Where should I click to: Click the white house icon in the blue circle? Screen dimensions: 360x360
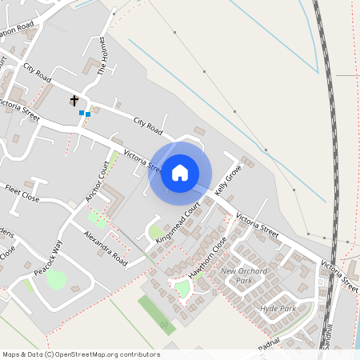click(x=180, y=172)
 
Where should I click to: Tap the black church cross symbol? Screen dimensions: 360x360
click(x=74, y=101)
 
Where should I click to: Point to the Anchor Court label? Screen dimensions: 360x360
click(x=97, y=181)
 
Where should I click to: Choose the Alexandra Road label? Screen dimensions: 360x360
click(x=106, y=249)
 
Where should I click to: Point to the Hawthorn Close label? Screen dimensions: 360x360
click(x=208, y=257)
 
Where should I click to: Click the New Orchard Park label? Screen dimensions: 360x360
click(x=244, y=276)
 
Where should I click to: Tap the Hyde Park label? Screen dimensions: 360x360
click(x=278, y=309)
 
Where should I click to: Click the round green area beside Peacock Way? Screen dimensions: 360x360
click(x=56, y=279)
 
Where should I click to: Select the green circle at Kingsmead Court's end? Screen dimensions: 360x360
click(x=155, y=233)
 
